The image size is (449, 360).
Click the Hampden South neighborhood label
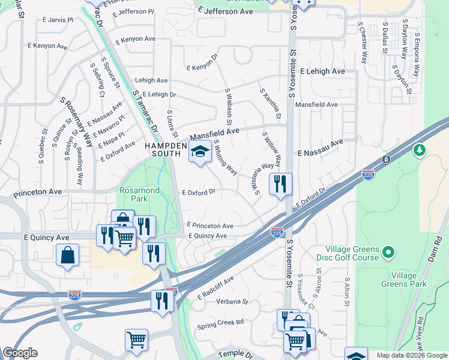pyautogui.click(x=163, y=149)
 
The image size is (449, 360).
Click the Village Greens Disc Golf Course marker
pyautogui.click(x=388, y=252)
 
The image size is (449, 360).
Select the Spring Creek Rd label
pyautogui.click(x=220, y=322)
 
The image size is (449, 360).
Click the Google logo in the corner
pyautogui.click(x=19, y=353)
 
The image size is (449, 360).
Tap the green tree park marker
pyautogui.click(x=420, y=149)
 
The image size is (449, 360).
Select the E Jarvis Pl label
pyautogui.click(x=58, y=20)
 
